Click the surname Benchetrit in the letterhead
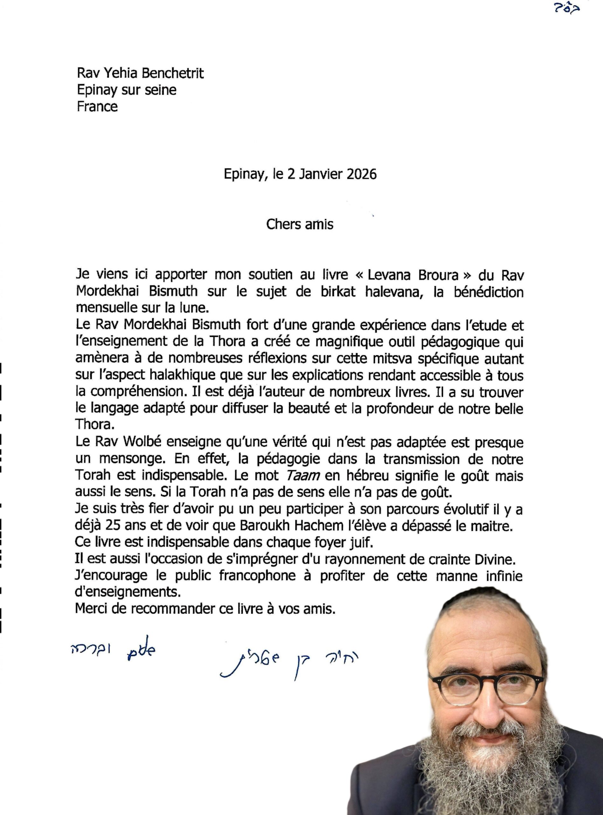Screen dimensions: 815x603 click(172, 74)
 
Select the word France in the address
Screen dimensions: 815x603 click(97, 107)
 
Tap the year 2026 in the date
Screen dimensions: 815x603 click(361, 174)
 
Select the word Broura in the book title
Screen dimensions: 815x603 click(438, 275)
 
